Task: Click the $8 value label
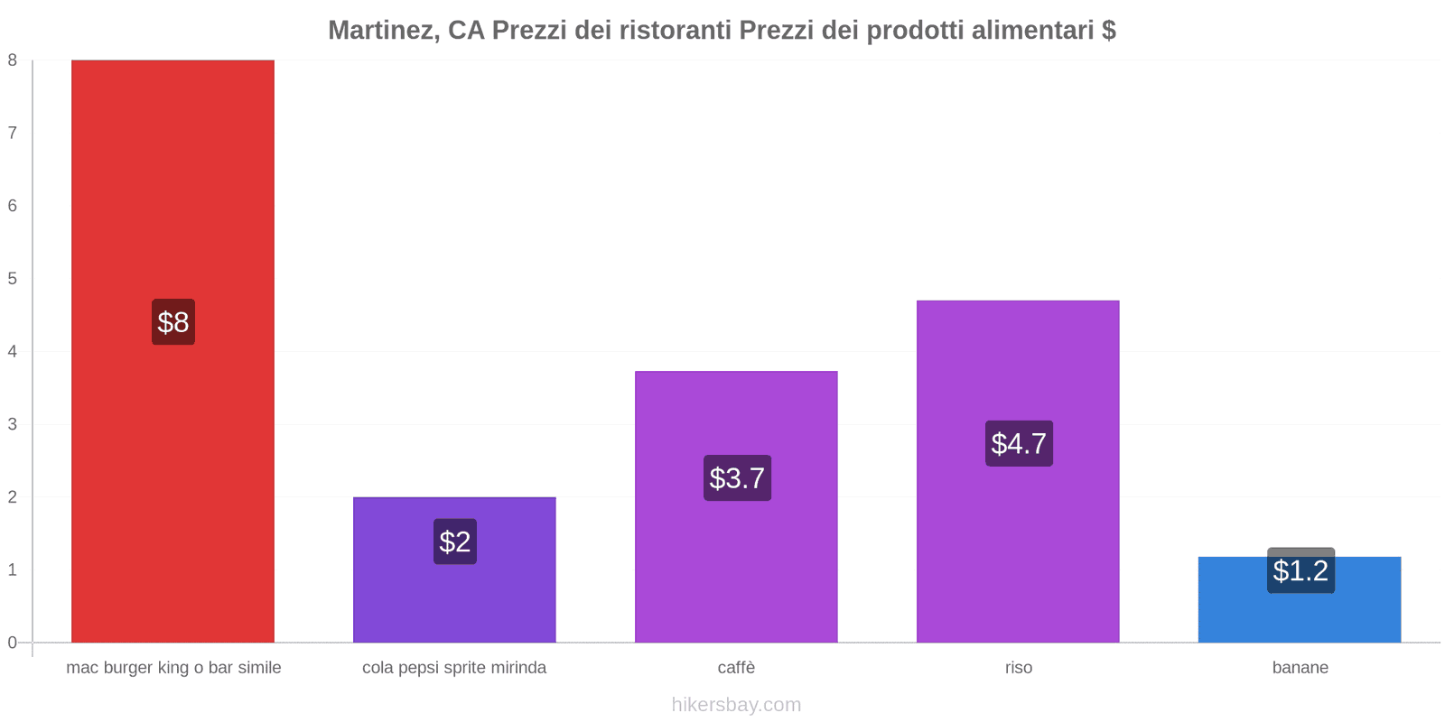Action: [x=173, y=322]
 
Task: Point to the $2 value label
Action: [x=455, y=541]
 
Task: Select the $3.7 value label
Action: [x=737, y=478]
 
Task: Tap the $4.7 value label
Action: [x=1019, y=443]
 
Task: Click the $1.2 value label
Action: [x=1300, y=570]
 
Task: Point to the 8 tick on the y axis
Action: [x=13, y=60]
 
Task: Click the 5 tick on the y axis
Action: [x=13, y=279]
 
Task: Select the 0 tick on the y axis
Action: [x=13, y=643]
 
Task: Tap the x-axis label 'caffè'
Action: [x=736, y=668]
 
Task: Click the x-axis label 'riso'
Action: [x=1019, y=668]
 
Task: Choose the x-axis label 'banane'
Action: [x=1300, y=668]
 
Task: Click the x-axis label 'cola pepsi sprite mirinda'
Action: [x=454, y=668]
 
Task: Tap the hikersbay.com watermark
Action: [x=736, y=705]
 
